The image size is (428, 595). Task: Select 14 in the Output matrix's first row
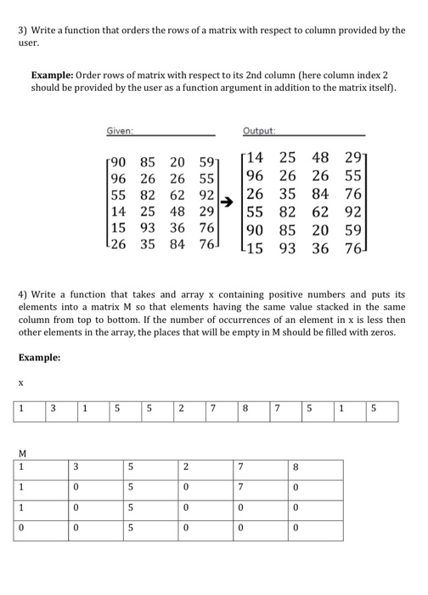pyautogui.click(x=257, y=156)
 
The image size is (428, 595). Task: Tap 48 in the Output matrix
pyautogui.click(x=321, y=156)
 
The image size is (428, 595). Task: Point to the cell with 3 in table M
pyautogui.click(x=76, y=467)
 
